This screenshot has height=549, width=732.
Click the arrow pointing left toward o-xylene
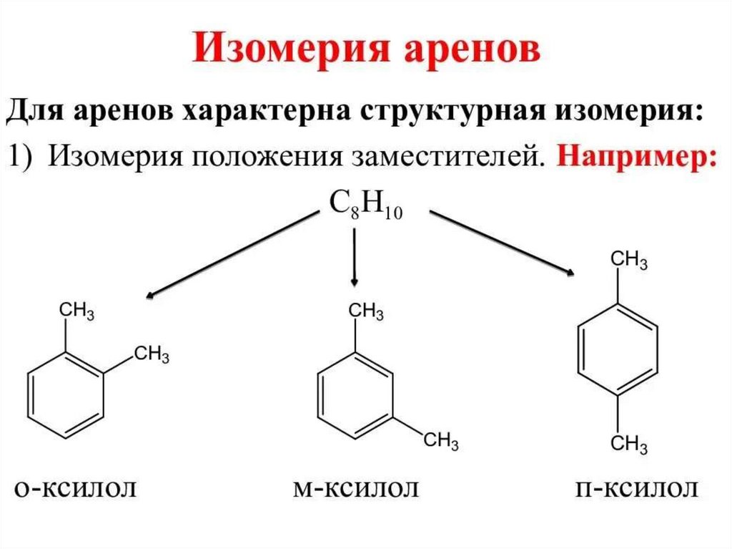point(229,254)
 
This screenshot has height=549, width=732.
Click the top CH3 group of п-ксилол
point(630,260)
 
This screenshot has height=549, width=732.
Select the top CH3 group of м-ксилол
point(365,311)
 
